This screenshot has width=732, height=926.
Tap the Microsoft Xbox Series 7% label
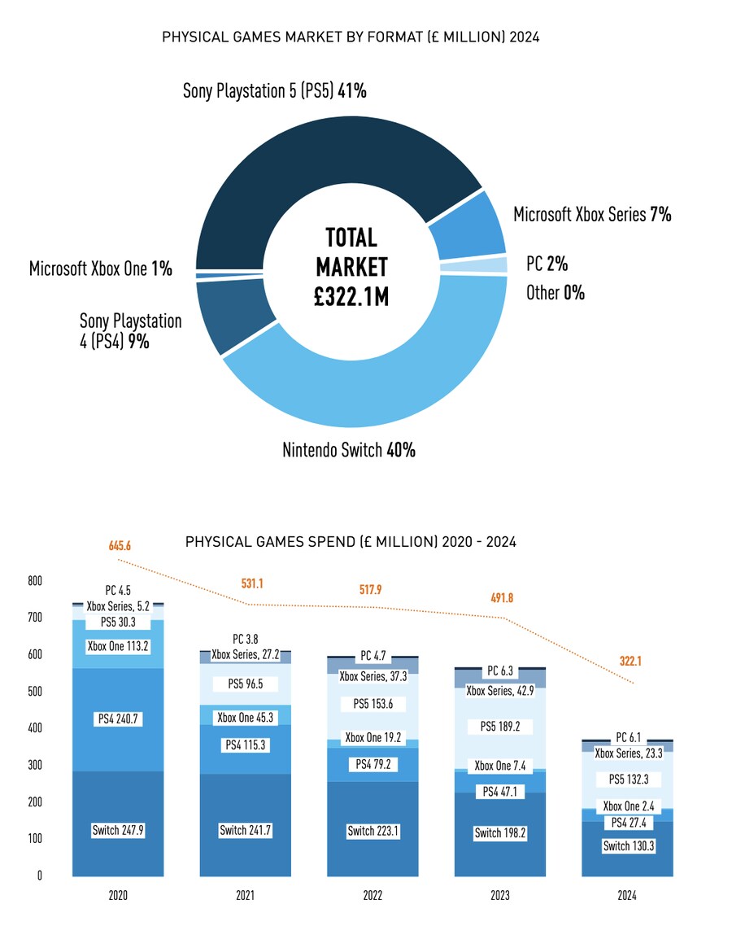pos(591,215)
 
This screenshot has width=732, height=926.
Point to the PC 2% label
pos(547,264)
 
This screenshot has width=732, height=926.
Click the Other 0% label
pos(555,292)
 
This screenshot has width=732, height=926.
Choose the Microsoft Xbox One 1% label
pos(101,269)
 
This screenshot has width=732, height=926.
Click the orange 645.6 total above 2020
pos(120,544)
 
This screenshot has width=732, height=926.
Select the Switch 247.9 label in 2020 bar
pos(118,831)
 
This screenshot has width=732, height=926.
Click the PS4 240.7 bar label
pos(118,719)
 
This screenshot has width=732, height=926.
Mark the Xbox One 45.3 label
pos(245,718)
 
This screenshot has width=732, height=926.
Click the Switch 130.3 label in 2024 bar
pos(628,846)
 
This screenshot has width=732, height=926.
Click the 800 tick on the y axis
pos(34,582)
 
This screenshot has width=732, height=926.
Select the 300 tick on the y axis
pos(34,766)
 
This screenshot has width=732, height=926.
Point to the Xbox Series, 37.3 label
pos(373,675)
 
